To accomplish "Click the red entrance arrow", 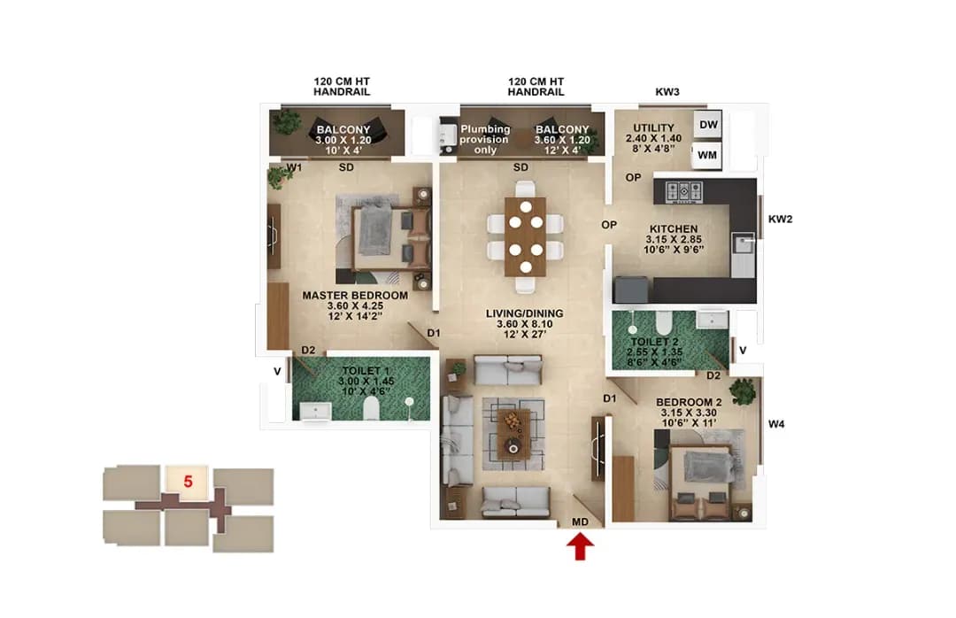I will pos(580,549).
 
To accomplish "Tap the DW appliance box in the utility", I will pos(708,125).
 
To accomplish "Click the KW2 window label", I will pos(780,219).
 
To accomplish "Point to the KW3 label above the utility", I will pos(667,91).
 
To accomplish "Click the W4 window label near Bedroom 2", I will pos(776,425).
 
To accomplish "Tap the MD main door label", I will pos(580,522).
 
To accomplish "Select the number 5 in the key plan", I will pos(188,482).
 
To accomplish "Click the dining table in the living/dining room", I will pos(526,236).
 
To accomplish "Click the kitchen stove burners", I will pos(683,189).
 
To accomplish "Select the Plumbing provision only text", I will pos(484,139).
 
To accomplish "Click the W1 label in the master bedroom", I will pos(295,167).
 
